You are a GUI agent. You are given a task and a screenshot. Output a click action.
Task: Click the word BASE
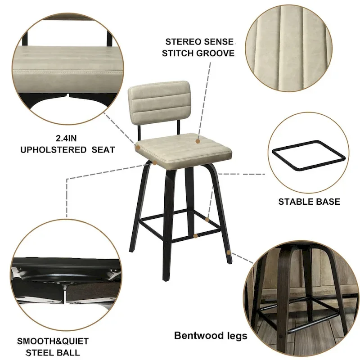(328, 201)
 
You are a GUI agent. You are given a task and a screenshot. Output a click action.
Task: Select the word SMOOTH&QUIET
(53, 341)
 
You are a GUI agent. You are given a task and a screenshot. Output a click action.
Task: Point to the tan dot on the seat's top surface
(197, 141)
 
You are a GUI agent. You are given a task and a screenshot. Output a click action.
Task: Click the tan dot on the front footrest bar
(195, 235)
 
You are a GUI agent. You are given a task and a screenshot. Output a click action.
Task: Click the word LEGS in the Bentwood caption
(236, 335)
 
